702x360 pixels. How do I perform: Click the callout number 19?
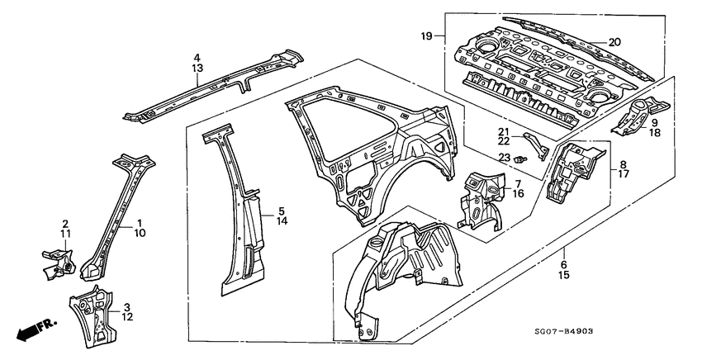427,36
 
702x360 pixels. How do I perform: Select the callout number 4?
197,58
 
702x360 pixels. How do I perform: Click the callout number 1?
140,223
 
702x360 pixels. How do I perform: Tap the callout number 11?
65,234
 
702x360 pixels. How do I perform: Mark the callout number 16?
517,194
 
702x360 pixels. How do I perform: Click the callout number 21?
502,131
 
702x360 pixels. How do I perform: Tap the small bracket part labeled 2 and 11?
57,260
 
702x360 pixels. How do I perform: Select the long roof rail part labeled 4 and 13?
215,83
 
